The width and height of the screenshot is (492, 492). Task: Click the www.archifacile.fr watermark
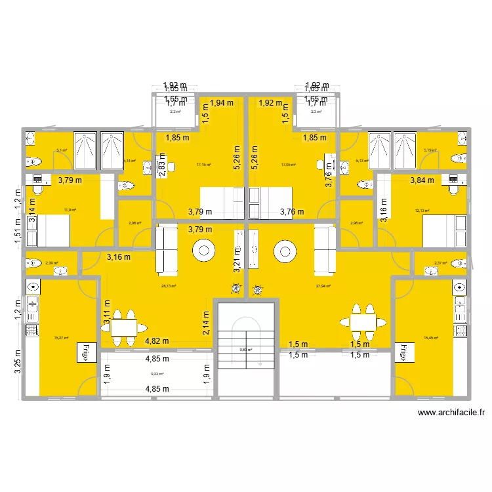(x=451, y=413)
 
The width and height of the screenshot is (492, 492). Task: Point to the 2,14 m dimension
(x=206, y=322)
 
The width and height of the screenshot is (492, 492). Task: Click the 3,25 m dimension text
(x=18, y=365)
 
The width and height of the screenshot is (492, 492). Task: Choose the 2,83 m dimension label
(x=162, y=165)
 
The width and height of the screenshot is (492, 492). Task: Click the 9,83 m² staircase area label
(x=246, y=350)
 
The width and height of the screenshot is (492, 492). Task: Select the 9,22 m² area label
(x=157, y=374)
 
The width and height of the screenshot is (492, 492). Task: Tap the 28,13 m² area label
(x=158, y=286)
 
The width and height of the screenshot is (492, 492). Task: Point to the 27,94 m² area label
(x=323, y=286)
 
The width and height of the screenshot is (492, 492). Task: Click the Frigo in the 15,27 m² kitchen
(x=85, y=352)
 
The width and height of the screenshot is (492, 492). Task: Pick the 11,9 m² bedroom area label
(x=70, y=210)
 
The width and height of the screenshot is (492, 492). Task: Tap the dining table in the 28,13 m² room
(x=123, y=327)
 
